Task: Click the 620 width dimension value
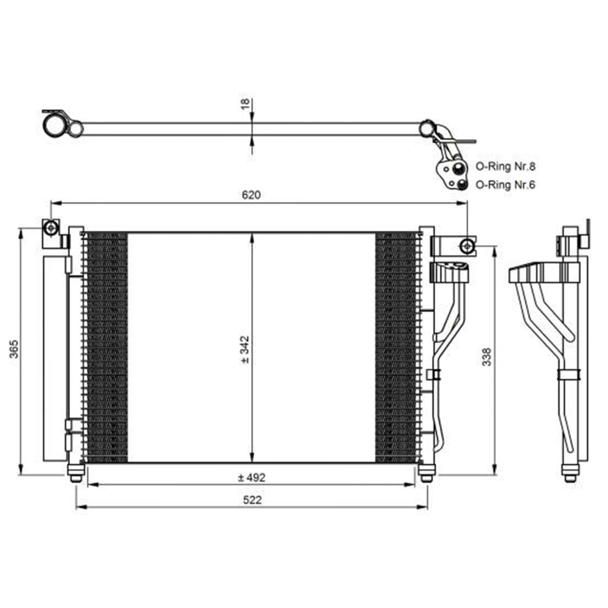(x=251, y=195)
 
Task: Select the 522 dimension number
(x=252, y=500)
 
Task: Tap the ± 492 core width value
(x=252, y=477)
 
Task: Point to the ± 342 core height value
(x=245, y=350)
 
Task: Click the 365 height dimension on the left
(x=14, y=348)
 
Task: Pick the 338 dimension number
(x=486, y=357)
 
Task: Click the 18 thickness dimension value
(x=245, y=103)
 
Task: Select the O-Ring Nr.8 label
(x=505, y=167)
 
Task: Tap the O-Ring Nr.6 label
(x=505, y=185)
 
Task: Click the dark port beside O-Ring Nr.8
(x=458, y=168)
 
